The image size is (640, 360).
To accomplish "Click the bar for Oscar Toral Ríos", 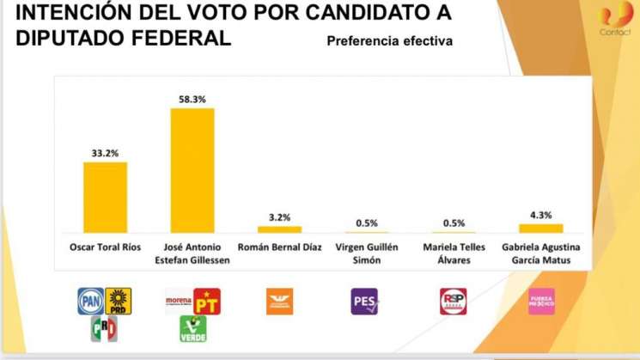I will pyautogui.click(x=105, y=197).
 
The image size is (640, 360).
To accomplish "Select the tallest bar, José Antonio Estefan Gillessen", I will pyautogui.click(x=192, y=170).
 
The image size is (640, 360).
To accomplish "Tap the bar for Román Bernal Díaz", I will pyautogui.click(x=280, y=229).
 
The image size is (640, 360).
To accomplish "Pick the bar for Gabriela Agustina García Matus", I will pyautogui.click(x=541, y=228).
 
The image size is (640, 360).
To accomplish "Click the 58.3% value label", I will pyautogui.click(x=192, y=100).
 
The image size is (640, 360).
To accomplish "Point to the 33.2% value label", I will pyautogui.click(x=105, y=153).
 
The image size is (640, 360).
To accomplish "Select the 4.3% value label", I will pyautogui.click(x=541, y=216).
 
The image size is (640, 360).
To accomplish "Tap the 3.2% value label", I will pyautogui.click(x=280, y=217).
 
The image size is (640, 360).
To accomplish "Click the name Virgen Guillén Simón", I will pyautogui.click(x=367, y=253).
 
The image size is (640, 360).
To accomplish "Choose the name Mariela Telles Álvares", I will pyautogui.click(x=454, y=253).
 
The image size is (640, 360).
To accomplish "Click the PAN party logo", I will pyautogui.click(x=90, y=301).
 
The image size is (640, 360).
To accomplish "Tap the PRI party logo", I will pyautogui.click(x=104, y=328).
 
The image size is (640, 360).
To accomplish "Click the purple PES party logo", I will pyautogui.click(x=365, y=301).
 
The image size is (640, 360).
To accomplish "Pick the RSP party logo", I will pyautogui.click(x=453, y=301).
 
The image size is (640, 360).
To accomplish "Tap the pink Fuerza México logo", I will pyautogui.click(x=540, y=301).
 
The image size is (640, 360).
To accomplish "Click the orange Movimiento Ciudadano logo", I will pyautogui.click(x=279, y=301).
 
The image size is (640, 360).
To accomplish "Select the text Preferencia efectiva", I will pyautogui.click(x=389, y=41).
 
